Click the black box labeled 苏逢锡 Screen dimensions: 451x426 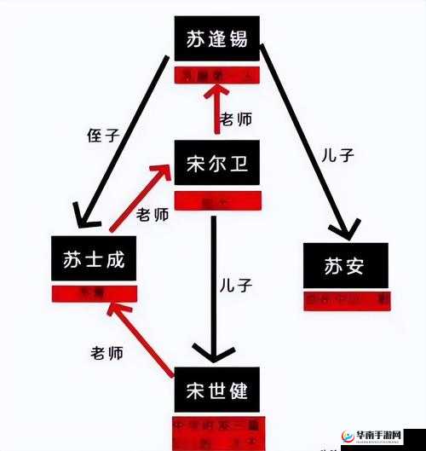click(216, 40)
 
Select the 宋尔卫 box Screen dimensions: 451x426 click(216, 164)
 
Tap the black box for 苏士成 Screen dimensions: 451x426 click(94, 261)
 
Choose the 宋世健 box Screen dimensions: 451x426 click(216, 391)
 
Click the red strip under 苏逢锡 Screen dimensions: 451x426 click(216, 76)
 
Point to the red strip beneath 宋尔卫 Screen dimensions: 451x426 click(216, 202)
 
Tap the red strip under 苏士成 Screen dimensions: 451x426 click(94, 292)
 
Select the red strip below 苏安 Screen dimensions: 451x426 click(346, 300)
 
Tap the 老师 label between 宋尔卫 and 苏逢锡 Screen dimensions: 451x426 click(236, 120)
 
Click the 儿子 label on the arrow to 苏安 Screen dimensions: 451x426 click(337, 156)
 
